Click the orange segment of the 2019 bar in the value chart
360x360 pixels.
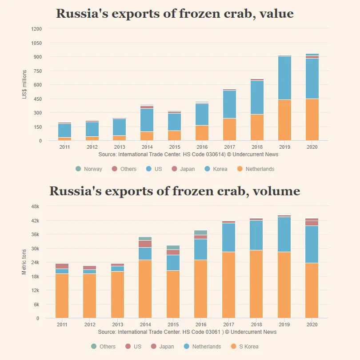pos(284,120)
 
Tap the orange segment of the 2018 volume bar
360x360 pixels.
pos(257,284)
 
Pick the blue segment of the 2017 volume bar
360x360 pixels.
pos(229,237)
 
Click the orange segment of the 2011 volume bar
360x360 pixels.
pos(62,296)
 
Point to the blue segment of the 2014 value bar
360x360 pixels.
pos(147,120)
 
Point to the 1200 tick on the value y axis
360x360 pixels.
pos(37,29)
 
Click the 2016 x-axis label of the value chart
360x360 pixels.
pos(202,147)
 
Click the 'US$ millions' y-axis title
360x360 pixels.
pos(25,84)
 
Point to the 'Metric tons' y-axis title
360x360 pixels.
pos(24,261)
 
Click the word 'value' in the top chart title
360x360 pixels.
pos(276,14)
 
